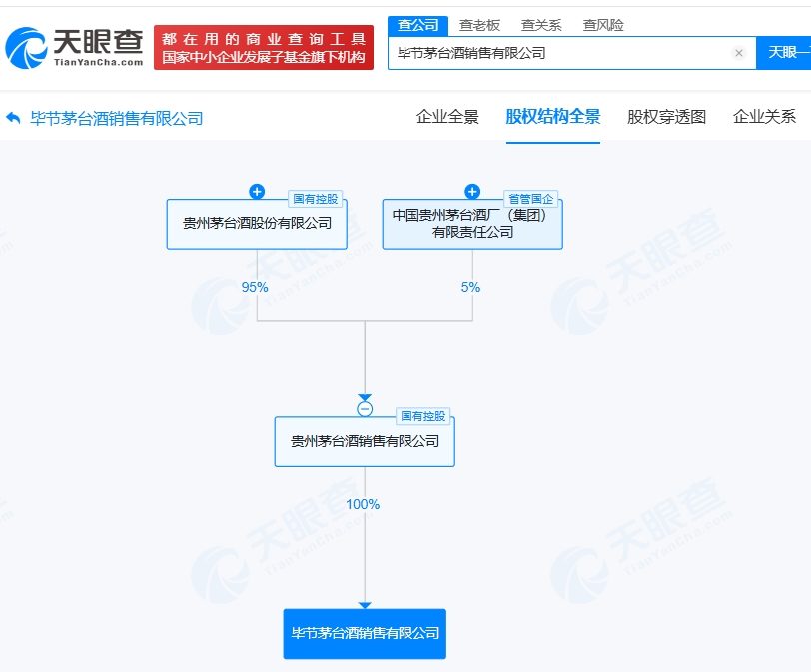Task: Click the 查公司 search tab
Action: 418,25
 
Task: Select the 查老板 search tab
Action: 479,25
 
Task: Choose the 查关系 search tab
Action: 541,25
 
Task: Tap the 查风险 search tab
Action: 603,25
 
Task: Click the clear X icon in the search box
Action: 738,53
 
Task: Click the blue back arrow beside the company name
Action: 13,118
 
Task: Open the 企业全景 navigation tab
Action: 447,117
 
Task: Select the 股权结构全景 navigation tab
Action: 553,117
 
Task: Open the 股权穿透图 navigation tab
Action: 666,117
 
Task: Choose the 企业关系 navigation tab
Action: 764,117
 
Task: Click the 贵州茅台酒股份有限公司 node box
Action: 257,224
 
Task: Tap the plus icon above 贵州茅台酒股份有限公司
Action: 257,192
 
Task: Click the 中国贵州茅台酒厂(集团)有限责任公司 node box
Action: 472,224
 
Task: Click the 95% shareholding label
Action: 255,287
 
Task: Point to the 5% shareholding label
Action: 470,287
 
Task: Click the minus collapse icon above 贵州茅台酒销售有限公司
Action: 365,409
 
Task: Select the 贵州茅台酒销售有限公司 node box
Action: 365,441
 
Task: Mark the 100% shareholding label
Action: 363,504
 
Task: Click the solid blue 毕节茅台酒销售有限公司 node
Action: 365,633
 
